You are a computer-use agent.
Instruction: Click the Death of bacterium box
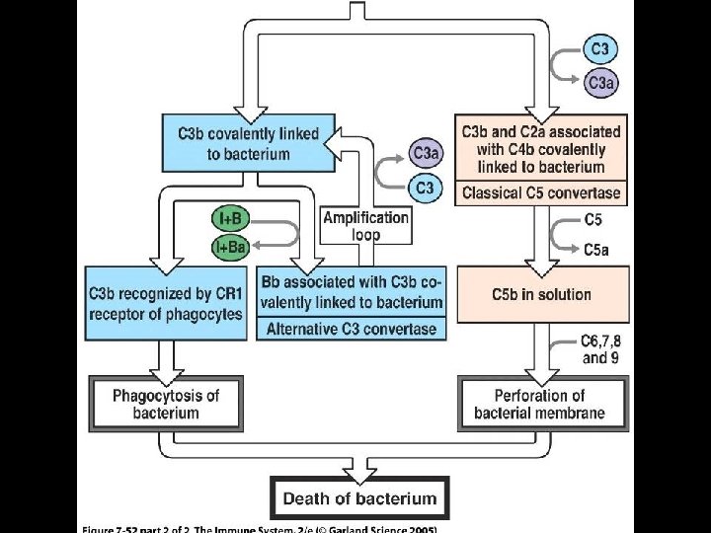[360, 498]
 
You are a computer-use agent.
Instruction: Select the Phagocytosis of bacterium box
[166, 403]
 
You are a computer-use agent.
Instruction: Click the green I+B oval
[228, 217]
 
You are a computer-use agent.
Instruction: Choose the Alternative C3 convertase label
[352, 330]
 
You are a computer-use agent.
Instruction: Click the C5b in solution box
[541, 294]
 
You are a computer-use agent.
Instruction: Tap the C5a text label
[595, 251]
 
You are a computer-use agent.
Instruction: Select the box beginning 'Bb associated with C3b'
[352, 292]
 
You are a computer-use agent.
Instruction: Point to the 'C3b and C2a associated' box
[540, 149]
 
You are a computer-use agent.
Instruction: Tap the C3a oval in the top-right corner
[600, 84]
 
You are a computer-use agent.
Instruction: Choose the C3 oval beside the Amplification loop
[425, 186]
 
